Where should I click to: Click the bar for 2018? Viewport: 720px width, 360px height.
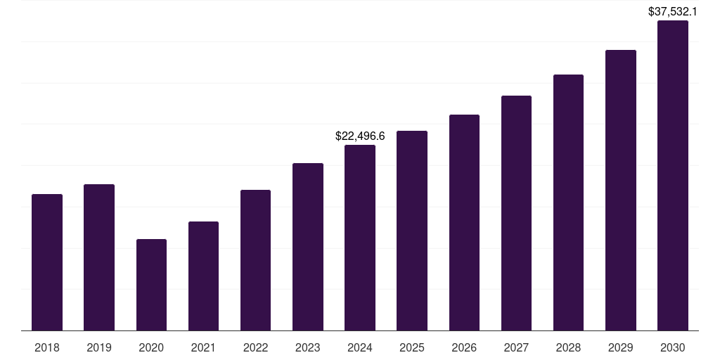(x=47, y=262)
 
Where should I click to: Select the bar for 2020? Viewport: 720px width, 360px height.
(x=151, y=285)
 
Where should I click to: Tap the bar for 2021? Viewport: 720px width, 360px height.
(x=203, y=276)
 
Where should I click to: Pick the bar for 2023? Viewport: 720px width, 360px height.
(x=308, y=247)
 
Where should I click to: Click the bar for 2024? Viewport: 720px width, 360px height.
(x=360, y=238)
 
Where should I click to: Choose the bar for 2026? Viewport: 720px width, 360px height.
(x=464, y=222)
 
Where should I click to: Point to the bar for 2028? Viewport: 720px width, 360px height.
(x=568, y=202)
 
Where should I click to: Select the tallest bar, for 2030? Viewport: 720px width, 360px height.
(x=673, y=176)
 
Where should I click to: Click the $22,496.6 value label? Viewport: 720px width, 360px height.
(x=360, y=136)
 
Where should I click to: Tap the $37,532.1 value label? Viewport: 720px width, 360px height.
(x=673, y=11)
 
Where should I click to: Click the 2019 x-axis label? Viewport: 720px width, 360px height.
(x=99, y=348)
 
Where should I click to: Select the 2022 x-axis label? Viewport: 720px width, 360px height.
(x=255, y=348)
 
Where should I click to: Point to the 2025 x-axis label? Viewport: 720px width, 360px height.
(x=412, y=348)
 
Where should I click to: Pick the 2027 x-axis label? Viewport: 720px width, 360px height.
(x=516, y=348)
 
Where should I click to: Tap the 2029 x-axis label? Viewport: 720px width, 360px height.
(x=620, y=348)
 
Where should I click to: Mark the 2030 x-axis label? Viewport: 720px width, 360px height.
(x=673, y=348)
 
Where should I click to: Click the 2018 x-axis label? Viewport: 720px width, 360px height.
(x=47, y=348)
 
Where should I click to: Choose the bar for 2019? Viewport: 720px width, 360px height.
(x=99, y=257)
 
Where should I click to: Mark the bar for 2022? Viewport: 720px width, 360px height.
(x=255, y=260)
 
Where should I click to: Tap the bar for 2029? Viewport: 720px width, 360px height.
(x=620, y=190)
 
